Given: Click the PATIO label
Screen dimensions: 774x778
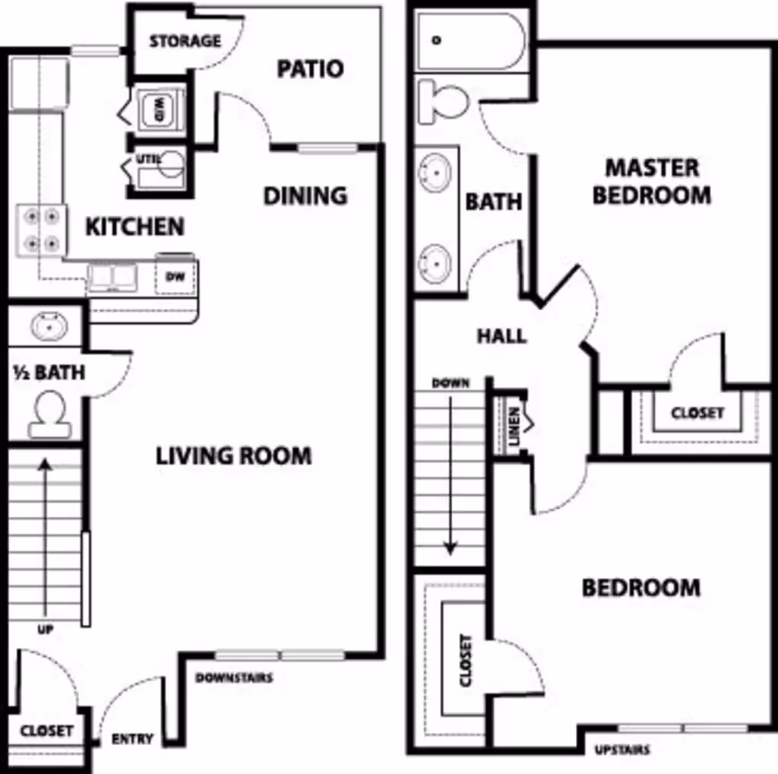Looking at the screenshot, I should point(310,69).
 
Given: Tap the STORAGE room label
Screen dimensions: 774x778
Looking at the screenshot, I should point(185,41).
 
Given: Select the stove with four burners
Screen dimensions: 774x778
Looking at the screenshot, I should point(41,230).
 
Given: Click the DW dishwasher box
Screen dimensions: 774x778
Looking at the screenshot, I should point(176,278).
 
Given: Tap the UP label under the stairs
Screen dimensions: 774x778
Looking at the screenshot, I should point(45,630).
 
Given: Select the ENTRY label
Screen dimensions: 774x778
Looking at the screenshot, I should point(132,738).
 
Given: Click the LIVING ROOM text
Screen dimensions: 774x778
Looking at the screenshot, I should point(233,456).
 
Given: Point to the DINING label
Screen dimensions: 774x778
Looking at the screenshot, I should point(305,196).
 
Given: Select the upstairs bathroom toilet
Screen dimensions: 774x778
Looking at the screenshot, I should point(444,101).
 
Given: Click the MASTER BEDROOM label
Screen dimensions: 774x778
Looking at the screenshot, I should point(651,181).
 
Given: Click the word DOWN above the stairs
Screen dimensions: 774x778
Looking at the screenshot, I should point(450,383).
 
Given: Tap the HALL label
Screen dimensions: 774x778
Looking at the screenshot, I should point(501,335).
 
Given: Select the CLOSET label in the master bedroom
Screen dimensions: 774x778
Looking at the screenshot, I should point(697,413).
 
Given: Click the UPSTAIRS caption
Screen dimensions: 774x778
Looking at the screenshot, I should point(622,750).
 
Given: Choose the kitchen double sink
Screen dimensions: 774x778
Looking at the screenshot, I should point(112,277).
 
